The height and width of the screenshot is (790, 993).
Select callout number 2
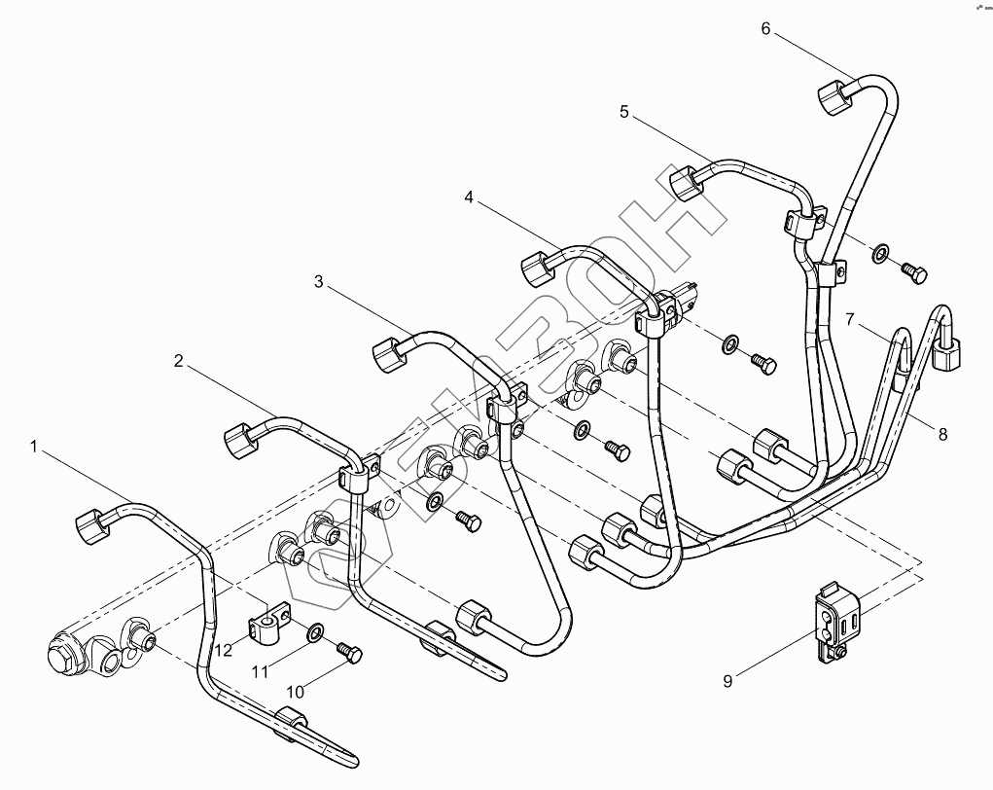pyautogui.click(x=178, y=361)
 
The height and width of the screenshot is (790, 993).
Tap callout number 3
pyautogui.click(x=318, y=282)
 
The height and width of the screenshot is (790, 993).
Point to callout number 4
pyautogui.click(x=469, y=197)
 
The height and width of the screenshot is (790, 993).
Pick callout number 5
pyautogui.click(x=624, y=112)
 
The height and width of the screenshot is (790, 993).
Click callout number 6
pyautogui.click(x=765, y=28)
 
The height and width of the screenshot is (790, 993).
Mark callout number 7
pyautogui.click(x=849, y=319)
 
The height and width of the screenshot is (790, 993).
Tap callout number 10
pyautogui.click(x=295, y=691)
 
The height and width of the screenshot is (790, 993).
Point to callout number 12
pyautogui.click(x=225, y=650)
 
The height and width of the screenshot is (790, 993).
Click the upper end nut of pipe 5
pyautogui.click(x=687, y=182)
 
